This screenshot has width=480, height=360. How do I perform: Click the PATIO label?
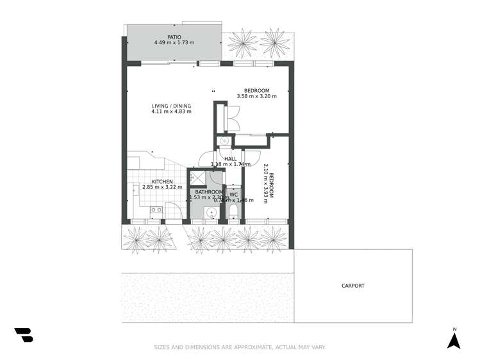pos(174,37)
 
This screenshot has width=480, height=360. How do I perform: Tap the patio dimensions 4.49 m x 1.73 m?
pos(174,43)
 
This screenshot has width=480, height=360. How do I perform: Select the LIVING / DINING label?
pos(171,106)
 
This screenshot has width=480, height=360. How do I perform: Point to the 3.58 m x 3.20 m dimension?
pos(256,96)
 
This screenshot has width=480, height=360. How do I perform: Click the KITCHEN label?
pos(162,181)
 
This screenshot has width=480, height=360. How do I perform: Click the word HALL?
pos(231,158)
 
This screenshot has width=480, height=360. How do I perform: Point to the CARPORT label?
pos(352,286)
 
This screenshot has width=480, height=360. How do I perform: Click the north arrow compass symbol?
pos(454,340)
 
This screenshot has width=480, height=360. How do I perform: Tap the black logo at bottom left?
pos(24,334)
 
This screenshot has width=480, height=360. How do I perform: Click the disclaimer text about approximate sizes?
pos(240,347)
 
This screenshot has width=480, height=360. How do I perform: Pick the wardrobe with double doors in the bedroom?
pos(228,119)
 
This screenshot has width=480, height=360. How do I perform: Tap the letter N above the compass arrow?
pos(454,329)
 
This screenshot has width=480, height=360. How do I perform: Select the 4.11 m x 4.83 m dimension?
pos(171,112)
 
